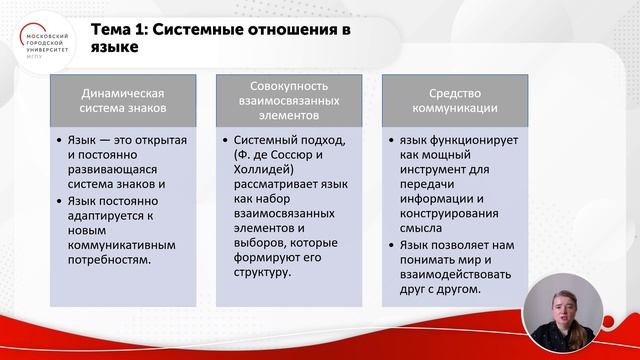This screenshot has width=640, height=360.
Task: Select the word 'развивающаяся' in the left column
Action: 115,167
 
